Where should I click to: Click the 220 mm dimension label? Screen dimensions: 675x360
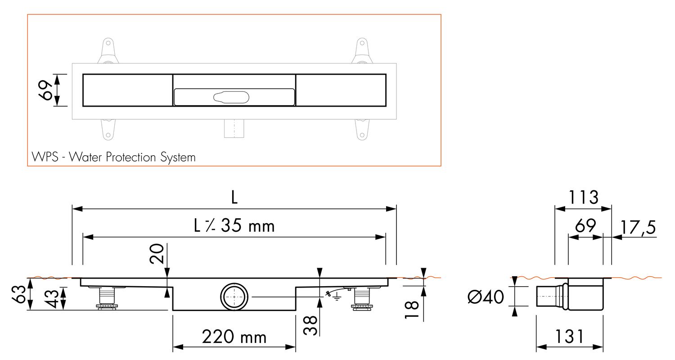[234, 337]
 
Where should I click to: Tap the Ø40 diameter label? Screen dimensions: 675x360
[486, 297]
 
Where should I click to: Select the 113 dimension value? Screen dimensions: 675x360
[583, 197]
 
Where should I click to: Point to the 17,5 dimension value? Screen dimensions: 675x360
[638, 227]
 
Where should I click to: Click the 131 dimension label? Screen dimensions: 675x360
[569, 337]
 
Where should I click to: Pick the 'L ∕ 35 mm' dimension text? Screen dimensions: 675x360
[234, 225]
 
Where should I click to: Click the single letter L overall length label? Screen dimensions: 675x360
[234, 198]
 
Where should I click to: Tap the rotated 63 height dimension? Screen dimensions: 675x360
[18, 294]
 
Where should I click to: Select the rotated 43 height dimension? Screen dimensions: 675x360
[52, 298]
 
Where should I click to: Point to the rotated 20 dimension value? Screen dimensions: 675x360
[157, 254]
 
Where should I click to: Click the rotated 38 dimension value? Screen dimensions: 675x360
[310, 325]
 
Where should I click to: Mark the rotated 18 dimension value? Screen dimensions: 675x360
[412, 310]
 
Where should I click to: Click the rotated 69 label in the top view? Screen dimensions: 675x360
[46, 90]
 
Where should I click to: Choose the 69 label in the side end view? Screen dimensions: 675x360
[585, 225]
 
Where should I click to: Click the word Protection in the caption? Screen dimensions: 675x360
[131, 157]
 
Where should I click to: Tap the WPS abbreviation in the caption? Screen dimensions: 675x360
[45, 157]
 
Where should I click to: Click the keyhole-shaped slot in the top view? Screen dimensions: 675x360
[231, 97]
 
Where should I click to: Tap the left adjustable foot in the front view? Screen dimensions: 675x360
[107, 298]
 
